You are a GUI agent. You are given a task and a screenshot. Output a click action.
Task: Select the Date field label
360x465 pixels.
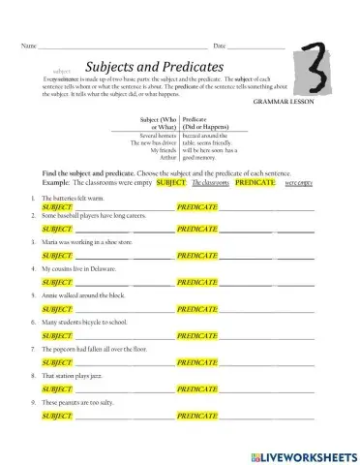click(219, 46)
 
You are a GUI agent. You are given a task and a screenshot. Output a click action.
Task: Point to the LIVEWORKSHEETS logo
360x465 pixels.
click(302, 453)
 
